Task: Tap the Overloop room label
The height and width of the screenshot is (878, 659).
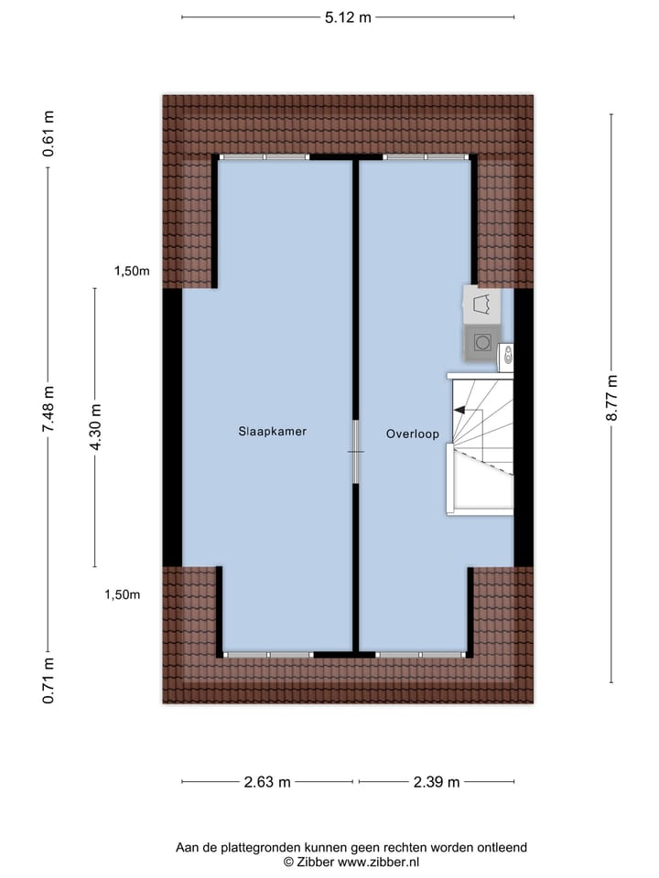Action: click(x=412, y=434)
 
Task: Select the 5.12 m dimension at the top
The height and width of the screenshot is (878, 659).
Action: click(x=348, y=16)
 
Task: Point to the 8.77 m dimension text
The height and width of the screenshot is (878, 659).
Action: click(x=611, y=398)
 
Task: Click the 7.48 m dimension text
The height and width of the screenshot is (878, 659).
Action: click(x=49, y=409)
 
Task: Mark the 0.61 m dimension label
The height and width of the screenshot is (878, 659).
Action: click(x=49, y=134)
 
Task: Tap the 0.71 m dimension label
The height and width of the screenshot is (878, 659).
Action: click(x=49, y=680)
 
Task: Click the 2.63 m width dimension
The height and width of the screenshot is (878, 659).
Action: click(x=267, y=782)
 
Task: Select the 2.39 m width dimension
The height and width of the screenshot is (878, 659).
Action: click(x=436, y=782)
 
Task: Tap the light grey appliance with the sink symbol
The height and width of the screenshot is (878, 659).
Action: click(x=481, y=304)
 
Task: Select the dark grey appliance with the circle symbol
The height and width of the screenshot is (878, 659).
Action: click(x=481, y=343)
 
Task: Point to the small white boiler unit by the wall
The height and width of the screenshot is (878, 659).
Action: click(x=505, y=356)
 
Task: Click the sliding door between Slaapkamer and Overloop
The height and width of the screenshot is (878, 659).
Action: click(x=355, y=451)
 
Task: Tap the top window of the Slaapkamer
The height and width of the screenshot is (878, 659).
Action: click(x=264, y=157)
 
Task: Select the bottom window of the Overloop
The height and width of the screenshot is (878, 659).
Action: click(x=421, y=655)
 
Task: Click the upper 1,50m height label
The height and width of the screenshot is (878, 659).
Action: click(x=132, y=271)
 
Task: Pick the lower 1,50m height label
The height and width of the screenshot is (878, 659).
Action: click(x=122, y=594)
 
